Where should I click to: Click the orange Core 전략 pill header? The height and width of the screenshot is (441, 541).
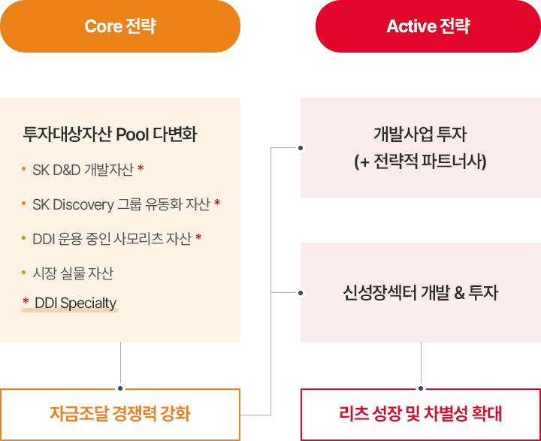[120, 26]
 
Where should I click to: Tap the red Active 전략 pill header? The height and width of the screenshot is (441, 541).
[428, 26]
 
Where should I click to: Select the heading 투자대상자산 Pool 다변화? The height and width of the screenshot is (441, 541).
[110, 134]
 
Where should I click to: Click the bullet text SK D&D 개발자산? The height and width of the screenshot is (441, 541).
[83, 170]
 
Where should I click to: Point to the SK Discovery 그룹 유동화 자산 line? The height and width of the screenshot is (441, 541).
[121, 204]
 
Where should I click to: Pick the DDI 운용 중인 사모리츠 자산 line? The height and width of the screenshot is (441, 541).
[112, 238]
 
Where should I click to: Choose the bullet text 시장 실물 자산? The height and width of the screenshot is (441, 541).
[73, 273]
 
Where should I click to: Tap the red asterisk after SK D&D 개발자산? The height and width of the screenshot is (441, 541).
[141, 168]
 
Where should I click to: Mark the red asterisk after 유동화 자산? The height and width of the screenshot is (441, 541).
[217, 202]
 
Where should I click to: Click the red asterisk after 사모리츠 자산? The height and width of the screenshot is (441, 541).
[198, 237]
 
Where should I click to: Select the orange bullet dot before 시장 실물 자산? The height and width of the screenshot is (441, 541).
[23, 273]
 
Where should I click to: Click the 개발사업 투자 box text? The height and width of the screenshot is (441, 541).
[420, 134]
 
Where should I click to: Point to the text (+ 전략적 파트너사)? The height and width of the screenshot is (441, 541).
[420, 162]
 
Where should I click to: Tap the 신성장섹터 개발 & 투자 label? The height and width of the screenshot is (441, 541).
[421, 292]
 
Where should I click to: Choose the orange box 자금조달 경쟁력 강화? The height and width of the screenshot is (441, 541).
[120, 415]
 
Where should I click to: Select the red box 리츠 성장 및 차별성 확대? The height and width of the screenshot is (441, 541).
[421, 415]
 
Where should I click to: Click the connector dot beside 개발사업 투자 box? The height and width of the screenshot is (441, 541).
[301, 148]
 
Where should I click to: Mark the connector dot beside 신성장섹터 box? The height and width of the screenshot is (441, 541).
[301, 293]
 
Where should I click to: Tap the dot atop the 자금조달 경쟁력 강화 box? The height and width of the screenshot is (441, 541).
[120, 388]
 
